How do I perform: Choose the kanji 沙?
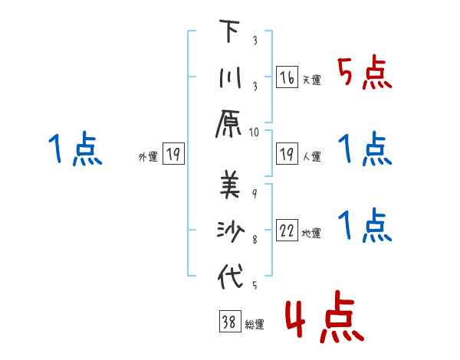229,230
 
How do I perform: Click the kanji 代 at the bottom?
229,276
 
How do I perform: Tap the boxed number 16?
287,77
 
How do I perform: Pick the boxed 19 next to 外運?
173,155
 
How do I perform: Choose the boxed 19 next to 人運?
287,155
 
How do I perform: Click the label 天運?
311,80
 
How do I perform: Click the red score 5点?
365,75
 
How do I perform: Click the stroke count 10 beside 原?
255,133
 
